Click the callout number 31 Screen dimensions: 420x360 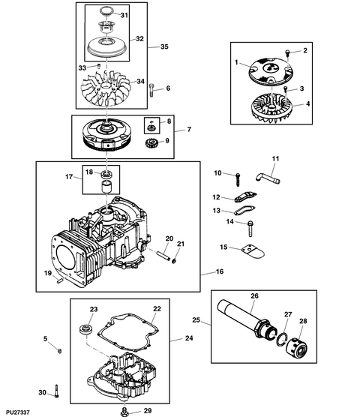tap(124, 15)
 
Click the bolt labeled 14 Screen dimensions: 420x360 tap(249, 222)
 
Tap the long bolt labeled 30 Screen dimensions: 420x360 tap(57, 392)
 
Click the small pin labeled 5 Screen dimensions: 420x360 tap(60, 350)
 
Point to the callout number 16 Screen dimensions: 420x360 tap(220, 272)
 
